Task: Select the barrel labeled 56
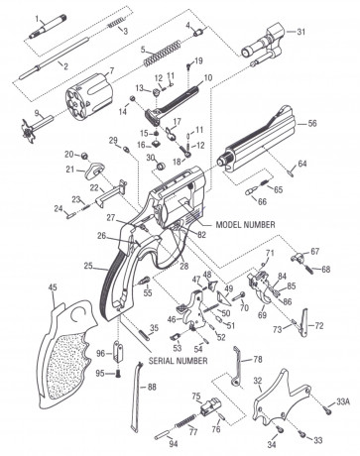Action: tap(264, 149)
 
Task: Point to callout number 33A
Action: tap(343, 401)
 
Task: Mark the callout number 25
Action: tap(88, 267)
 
